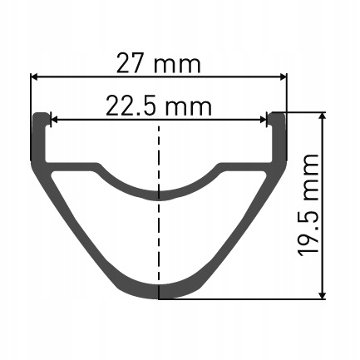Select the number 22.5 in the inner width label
click(x=131, y=106)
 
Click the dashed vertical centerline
click(x=159, y=233)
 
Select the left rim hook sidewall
click(x=39, y=137)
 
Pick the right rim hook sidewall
click(x=279, y=137)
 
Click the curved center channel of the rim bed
click(x=159, y=193)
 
